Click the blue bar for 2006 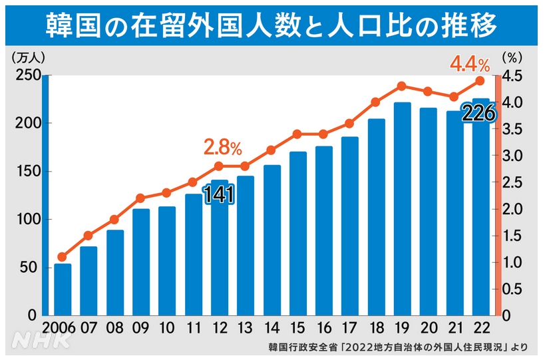63,289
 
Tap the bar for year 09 140,262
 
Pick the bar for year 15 297,233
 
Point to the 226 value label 478,114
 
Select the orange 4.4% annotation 470,64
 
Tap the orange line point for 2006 63,257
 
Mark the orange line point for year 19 401,86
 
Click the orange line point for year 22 480,81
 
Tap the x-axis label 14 272,328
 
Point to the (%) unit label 513,58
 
